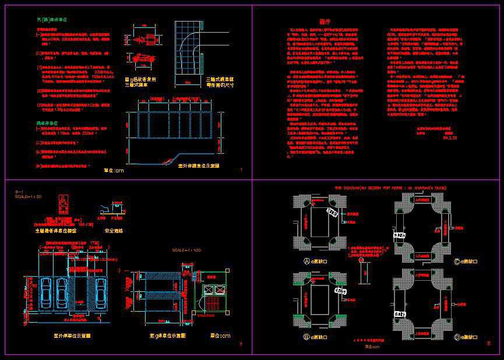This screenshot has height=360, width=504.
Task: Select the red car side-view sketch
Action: click(x=139, y=58)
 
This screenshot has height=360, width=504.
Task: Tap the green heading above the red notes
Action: click(x=52, y=19)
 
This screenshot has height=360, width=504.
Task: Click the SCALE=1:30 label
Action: click(x=28, y=197)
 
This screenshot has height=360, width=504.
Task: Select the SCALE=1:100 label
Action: click(x=185, y=250)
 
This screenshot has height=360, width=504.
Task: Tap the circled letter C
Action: click(x=456, y=262)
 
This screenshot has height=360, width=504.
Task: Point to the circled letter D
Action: click(x=456, y=337)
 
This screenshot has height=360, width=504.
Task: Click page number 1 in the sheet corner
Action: click(x=241, y=170)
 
